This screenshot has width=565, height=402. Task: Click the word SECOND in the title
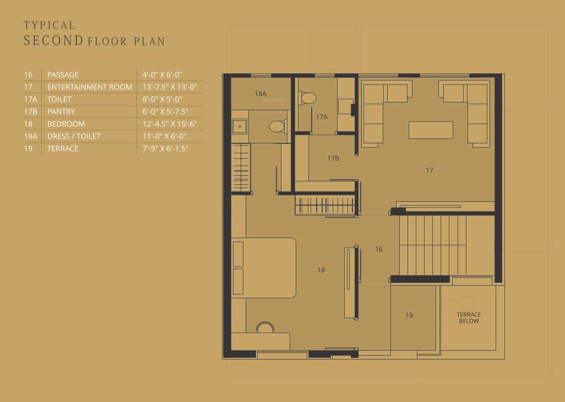[x=53, y=40]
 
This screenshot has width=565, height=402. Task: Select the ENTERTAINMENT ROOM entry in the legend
[x=89, y=87]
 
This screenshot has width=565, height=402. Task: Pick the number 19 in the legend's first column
[x=28, y=148]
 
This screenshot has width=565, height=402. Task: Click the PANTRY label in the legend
[x=61, y=111]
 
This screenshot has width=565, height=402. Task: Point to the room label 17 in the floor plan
[x=430, y=170]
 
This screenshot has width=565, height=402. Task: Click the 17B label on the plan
[x=333, y=158]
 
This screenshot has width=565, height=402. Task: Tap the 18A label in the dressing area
[x=260, y=94]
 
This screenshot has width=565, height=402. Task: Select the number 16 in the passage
[x=379, y=249]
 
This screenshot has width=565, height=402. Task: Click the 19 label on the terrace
[x=409, y=315]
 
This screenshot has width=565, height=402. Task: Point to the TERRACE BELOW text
[x=469, y=318]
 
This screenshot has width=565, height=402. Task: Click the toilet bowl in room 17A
[x=308, y=98]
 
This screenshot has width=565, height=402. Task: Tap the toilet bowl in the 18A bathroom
[x=278, y=126]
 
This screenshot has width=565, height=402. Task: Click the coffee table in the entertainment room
[x=431, y=130]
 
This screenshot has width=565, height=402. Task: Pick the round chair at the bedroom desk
[x=265, y=328]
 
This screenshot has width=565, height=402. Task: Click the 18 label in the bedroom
[x=321, y=270]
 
